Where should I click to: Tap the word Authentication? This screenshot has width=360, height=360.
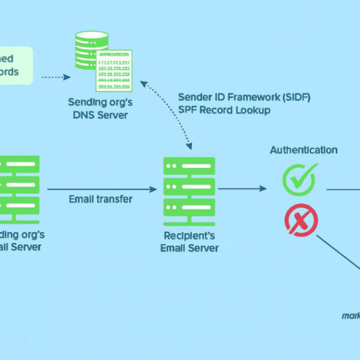pyautogui.click(x=304, y=150)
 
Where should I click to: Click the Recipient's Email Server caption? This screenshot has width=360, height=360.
pyautogui.click(x=189, y=242)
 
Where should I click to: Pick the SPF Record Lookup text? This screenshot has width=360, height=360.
pyautogui.click(x=224, y=110)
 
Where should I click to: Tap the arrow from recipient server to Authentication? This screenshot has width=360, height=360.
pyautogui.click(x=242, y=189)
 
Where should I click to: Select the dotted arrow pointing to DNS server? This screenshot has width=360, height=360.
pyautogui.click(x=56, y=77)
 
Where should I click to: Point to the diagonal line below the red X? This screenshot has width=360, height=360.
pyautogui.click(x=337, y=252)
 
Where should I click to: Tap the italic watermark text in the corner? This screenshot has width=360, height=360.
pyautogui.click(x=350, y=315)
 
